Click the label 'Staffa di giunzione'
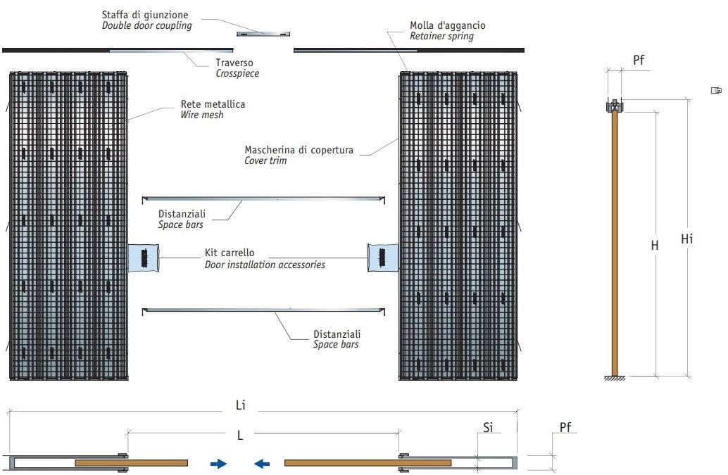click(x=145, y=14)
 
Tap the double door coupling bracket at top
click(x=263, y=33)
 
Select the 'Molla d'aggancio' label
click(x=448, y=25)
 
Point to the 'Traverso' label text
click(x=234, y=63)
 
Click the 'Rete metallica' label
click(x=213, y=104)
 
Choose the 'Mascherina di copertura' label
click(x=299, y=150)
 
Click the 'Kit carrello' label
click(x=230, y=253)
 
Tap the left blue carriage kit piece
click(x=144, y=258)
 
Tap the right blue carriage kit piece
click(x=382, y=258)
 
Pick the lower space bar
click(x=263, y=309)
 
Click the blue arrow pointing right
click(x=218, y=463)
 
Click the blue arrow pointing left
click(x=262, y=463)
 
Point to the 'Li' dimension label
click(x=240, y=405)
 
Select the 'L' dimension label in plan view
click(x=240, y=436)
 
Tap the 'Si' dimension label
click(x=488, y=426)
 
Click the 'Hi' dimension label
click(x=687, y=239)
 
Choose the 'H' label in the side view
click(x=655, y=246)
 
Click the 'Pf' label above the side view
click(x=639, y=61)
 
